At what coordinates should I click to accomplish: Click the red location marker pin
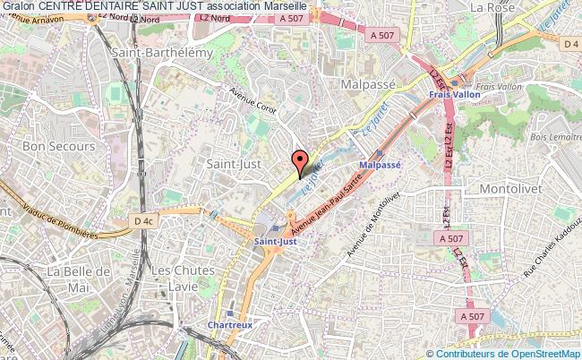tap(303, 162)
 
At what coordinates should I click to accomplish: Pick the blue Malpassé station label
tap(380, 166)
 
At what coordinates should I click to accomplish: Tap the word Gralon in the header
tap(19, 7)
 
